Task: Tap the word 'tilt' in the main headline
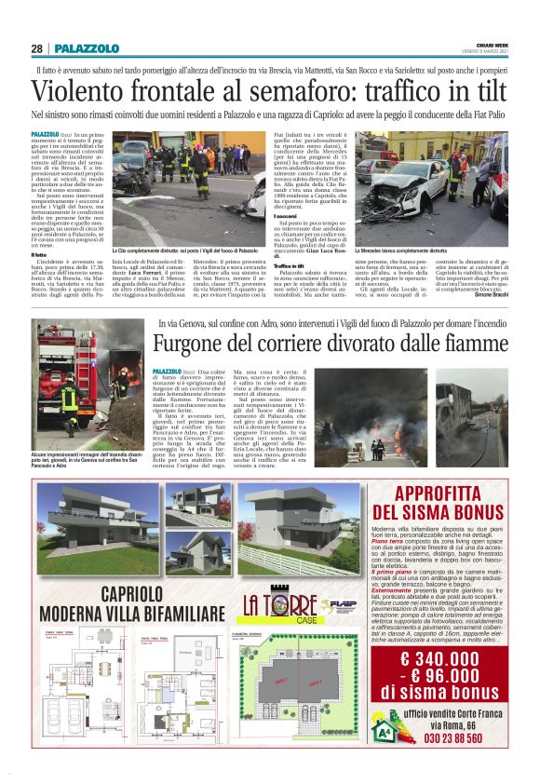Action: tap(484, 92)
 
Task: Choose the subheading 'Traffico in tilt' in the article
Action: tap(291, 265)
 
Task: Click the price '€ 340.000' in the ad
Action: tap(450, 660)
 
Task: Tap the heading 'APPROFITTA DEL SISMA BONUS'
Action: tap(450, 503)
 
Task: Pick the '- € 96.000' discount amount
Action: tap(448, 677)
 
